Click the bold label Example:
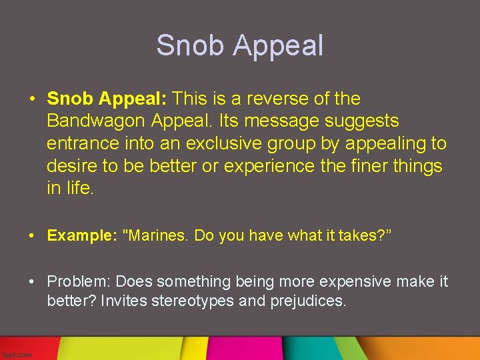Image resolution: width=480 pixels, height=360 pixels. tap(80, 235)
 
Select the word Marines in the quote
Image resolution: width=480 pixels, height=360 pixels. tap(155, 235)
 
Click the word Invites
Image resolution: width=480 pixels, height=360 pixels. tap(124, 301)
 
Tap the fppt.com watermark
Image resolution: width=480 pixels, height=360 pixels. tap(17, 355)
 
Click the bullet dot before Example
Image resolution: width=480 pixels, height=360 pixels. tap(33, 235)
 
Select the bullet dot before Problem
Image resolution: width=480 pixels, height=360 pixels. tap(33, 281)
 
